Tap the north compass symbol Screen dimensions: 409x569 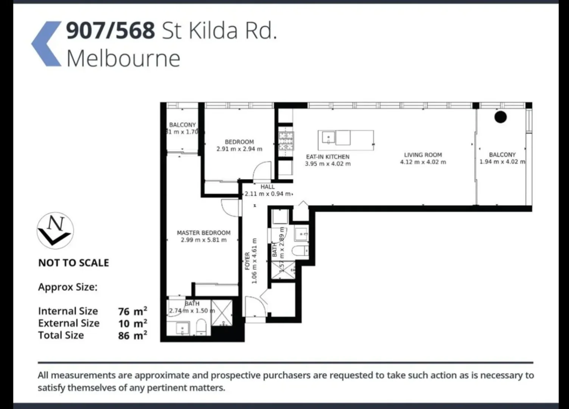click(55, 230)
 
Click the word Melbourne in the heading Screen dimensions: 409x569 click(123, 58)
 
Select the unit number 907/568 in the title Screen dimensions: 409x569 click(110, 30)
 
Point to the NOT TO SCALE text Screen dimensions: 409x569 click(73, 263)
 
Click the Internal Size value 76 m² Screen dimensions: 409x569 click(132, 311)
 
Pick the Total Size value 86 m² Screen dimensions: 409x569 click(132, 336)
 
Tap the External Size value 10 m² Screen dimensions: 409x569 click(132, 323)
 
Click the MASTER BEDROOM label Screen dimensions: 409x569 click(204, 233)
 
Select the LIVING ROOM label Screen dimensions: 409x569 click(423, 155)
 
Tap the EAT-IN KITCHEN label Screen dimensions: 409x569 click(328, 157)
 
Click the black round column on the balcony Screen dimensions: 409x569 click(500, 117)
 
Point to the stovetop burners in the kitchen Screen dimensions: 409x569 click(286, 141)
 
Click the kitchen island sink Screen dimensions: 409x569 click(328, 137)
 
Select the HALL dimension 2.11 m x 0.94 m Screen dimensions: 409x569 click(268, 194)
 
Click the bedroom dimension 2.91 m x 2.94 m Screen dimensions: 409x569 click(239, 149)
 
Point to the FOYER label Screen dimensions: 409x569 click(247, 261)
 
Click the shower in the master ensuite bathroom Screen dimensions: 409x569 click(222, 313)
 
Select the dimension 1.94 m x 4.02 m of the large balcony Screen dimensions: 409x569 click(502, 162)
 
